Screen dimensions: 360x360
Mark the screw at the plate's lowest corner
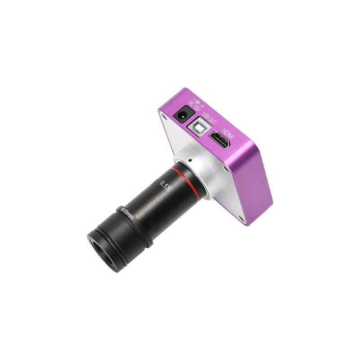[x=242, y=219]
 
